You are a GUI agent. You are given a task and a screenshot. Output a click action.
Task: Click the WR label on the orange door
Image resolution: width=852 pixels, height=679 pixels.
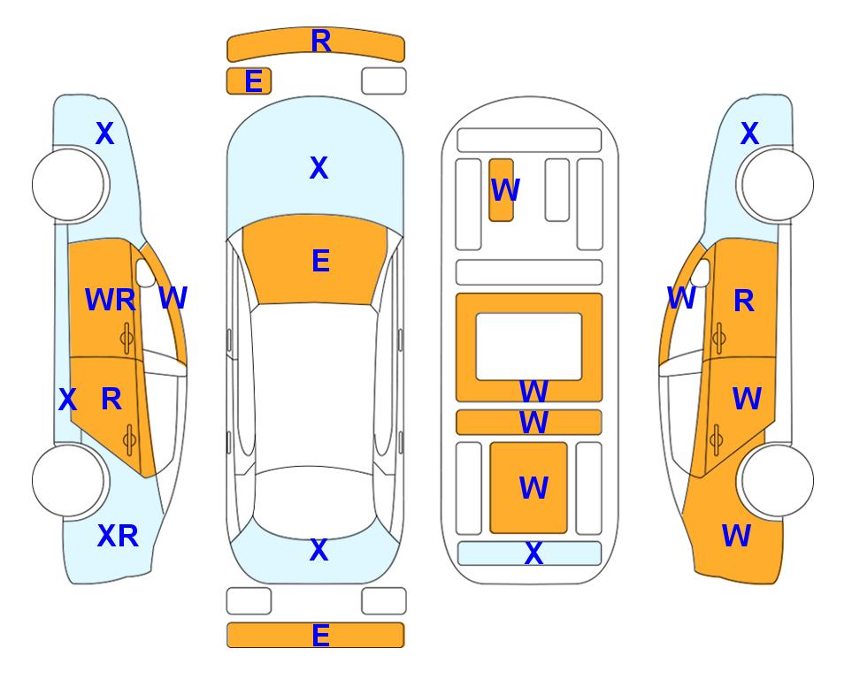[x=111, y=300]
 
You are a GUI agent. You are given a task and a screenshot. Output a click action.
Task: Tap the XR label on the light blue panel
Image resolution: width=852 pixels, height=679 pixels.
[x=118, y=536]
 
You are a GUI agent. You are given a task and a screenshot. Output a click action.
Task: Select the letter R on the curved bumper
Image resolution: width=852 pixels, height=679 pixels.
[x=321, y=42]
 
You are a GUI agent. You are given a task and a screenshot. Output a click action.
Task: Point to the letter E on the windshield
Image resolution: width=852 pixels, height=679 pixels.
[x=320, y=261]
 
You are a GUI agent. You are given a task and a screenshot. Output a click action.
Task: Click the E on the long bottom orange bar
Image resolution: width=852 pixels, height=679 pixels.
[x=320, y=636]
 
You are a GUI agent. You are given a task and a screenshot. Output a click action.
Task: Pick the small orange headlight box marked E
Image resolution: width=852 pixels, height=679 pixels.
[x=249, y=81]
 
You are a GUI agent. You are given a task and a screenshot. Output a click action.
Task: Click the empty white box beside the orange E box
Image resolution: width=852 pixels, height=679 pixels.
[x=384, y=81]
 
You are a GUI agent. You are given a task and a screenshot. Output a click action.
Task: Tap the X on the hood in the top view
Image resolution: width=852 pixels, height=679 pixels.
[x=319, y=168]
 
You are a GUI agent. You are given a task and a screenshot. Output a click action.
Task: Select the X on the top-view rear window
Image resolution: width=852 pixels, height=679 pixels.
[x=319, y=550]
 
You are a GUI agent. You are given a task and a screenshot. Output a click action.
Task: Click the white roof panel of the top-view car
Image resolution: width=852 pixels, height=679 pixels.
[x=314, y=385]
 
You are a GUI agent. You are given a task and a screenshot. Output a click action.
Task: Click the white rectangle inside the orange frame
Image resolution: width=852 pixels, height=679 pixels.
[x=529, y=347]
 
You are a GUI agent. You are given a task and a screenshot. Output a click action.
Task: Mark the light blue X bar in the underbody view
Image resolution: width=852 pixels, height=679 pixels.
[x=530, y=553]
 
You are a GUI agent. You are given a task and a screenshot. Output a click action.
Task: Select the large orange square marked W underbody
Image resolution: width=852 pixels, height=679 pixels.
[x=529, y=488]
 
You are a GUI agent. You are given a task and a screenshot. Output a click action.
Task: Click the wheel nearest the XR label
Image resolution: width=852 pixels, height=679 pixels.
[x=68, y=480]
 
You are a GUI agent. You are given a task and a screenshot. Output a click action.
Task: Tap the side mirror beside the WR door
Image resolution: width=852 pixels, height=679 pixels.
[x=145, y=273]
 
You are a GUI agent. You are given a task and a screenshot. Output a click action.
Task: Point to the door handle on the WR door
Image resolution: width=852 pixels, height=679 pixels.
[x=127, y=339]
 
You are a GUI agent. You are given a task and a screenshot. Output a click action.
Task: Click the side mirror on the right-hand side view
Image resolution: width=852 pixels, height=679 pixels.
[x=701, y=273]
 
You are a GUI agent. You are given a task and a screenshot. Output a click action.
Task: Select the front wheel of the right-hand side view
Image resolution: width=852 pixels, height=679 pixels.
[x=778, y=185]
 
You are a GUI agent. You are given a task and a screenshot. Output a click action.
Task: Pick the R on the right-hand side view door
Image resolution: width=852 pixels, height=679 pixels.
[x=744, y=301]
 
